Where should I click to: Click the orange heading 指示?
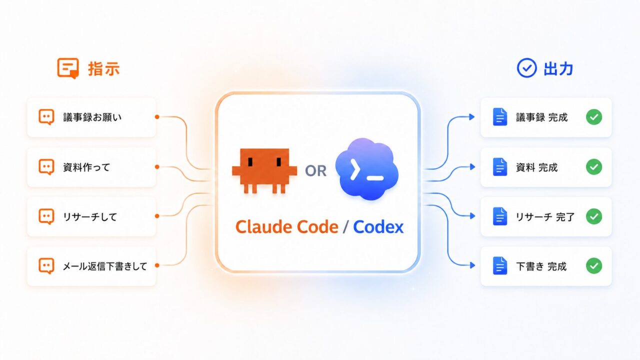pos(103,69)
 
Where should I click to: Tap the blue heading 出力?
pos(558,69)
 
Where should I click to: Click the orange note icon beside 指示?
pos(68,68)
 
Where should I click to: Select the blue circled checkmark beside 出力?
pos(526,68)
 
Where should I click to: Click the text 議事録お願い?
pos(92,117)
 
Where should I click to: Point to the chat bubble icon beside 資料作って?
pos(46,167)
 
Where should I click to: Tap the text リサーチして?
pos(90,217)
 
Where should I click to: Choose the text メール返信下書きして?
pos(105,266)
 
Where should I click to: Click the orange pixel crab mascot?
pos(264,170)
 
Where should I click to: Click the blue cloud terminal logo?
pos(367,169)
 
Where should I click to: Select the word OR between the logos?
pos(315,171)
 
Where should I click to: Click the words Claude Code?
pos(287,227)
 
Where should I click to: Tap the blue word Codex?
pos(378,227)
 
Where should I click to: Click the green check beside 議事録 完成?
pos(594,117)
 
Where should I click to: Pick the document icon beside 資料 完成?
pos(500,167)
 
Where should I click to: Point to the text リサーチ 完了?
pos(545,217)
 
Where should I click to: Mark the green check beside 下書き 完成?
pos(594,265)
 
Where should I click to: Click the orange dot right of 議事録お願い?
pos(157,117)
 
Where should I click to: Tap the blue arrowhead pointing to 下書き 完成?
pos(472,265)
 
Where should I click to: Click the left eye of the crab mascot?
pos(250,161)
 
